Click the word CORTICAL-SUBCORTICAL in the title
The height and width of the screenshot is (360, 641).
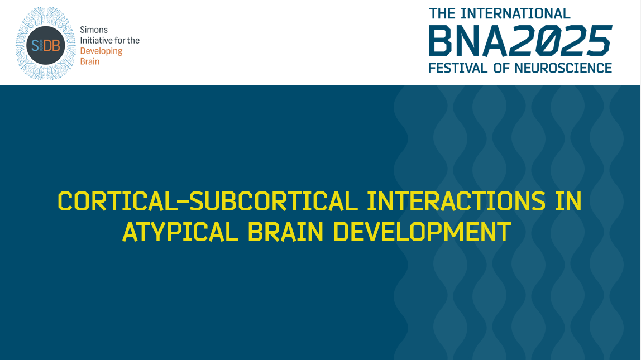pyautogui.click(x=207, y=201)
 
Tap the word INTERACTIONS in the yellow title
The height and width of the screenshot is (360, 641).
pyautogui.click(x=456, y=201)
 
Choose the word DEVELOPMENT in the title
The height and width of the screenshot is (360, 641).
pyautogui.click(x=422, y=232)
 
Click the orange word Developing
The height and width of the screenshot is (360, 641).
pyautogui.click(x=101, y=51)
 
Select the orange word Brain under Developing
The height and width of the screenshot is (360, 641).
pyautogui.click(x=90, y=61)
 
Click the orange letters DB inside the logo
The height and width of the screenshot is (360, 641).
pyautogui.click(x=52, y=46)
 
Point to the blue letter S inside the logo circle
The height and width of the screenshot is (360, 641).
pyautogui.click(x=35, y=46)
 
